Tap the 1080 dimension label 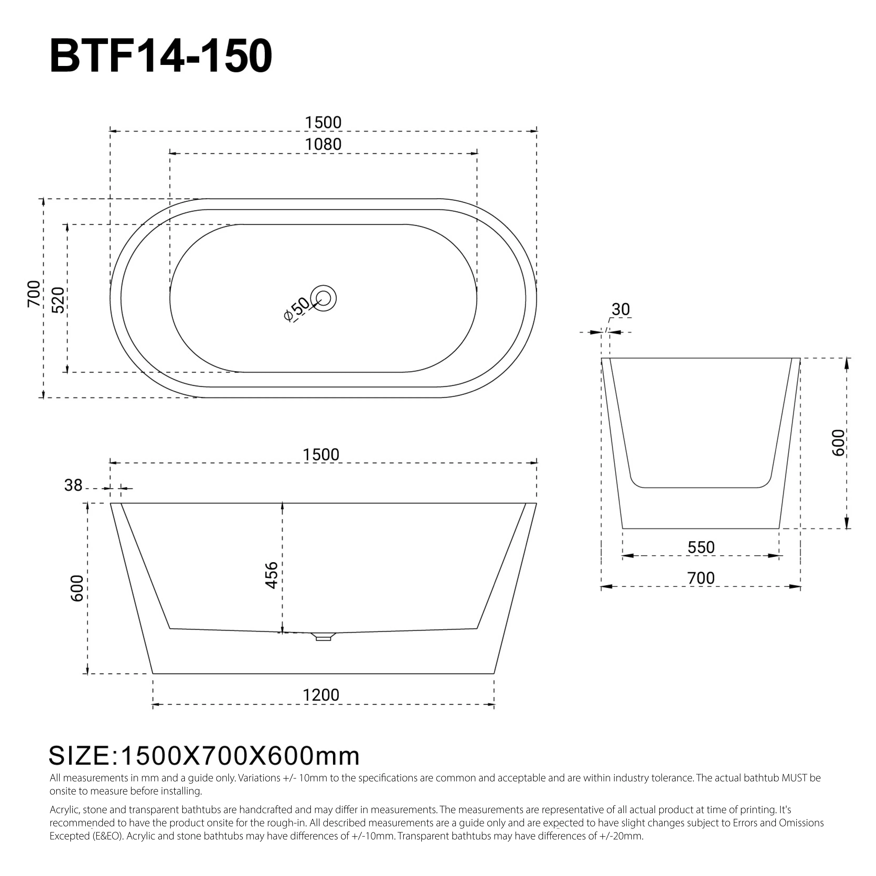323,145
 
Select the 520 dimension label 58,300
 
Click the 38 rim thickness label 73,486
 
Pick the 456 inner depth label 271,575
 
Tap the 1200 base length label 321,695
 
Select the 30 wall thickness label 620,310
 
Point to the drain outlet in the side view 324,637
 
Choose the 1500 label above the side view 321,455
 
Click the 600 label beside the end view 838,443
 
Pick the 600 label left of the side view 78,588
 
